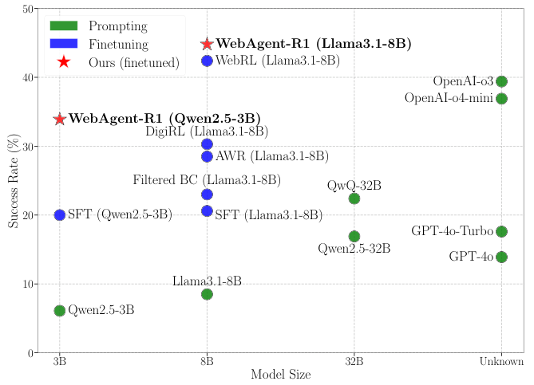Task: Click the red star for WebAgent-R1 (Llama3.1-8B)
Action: (207, 45)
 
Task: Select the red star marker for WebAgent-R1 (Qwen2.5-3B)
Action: (60, 119)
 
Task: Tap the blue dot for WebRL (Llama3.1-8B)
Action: (207, 61)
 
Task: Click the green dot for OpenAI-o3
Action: (501, 81)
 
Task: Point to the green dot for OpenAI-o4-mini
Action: (501, 99)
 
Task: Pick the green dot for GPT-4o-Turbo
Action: (501, 232)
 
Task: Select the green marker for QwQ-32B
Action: (354, 198)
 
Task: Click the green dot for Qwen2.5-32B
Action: (354, 237)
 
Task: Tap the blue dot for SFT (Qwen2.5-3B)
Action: (60, 215)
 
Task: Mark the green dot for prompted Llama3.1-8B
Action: (207, 294)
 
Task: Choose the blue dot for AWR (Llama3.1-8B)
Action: (207, 156)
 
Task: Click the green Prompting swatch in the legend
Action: (63, 26)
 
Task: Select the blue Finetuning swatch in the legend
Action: (63, 44)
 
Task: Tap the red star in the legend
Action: (63, 62)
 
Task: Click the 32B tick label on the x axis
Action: (354, 362)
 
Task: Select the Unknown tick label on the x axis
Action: (501, 362)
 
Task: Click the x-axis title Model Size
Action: (280, 375)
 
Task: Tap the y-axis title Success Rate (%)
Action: (14, 180)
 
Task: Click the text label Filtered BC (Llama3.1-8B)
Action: (207, 181)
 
